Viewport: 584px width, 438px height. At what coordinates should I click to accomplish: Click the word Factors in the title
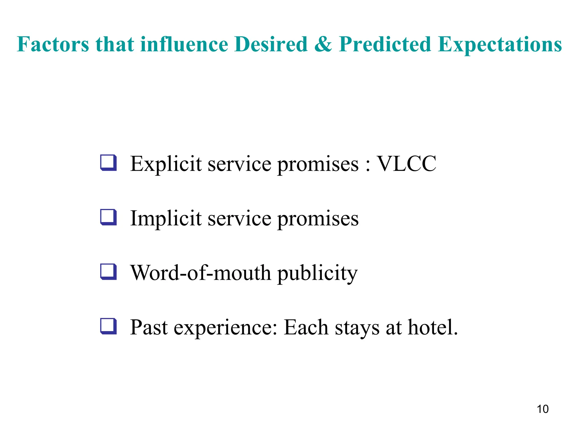click(53, 44)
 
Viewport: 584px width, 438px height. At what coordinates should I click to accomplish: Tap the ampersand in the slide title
click(323, 44)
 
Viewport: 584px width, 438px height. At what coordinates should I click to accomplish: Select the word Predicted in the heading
click(385, 44)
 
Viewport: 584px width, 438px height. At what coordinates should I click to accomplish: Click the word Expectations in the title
click(500, 45)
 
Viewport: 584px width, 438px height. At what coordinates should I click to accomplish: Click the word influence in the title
click(184, 44)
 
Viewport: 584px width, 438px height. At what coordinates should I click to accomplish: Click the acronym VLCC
click(407, 164)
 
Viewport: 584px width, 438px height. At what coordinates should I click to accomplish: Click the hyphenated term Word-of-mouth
click(200, 273)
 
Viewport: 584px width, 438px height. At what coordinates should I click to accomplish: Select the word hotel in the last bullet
click(433, 327)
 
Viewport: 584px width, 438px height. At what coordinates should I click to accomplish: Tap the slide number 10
click(542, 409)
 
